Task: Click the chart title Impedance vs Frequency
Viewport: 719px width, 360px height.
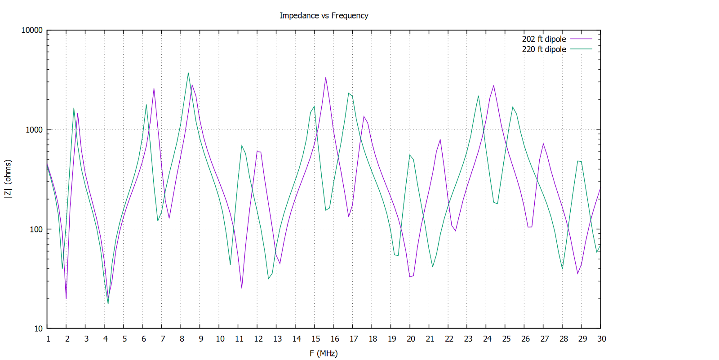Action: pos(324,16)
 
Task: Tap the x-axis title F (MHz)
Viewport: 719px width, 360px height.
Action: pos(324,353)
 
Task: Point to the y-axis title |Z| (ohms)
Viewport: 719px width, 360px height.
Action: pos(8,179)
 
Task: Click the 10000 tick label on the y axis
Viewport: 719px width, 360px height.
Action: pos(32,30)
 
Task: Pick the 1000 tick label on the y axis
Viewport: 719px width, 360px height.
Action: pos(34,130)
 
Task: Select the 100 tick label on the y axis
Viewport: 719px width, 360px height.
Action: pos(36,229)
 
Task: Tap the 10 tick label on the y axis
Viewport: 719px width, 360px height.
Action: pos(38,329)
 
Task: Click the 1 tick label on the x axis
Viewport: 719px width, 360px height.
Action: pos(48,339)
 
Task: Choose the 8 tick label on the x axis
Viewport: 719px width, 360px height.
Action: pos(182,339)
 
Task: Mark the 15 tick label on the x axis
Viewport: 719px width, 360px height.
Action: pos(315,339)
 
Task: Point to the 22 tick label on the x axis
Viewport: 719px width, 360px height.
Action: pos(449,339)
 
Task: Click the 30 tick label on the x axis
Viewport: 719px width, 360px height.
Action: pos(601,339)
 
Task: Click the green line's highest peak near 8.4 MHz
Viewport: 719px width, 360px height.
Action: pos(188,73)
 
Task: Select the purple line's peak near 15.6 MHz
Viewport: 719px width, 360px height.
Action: pos(326,78)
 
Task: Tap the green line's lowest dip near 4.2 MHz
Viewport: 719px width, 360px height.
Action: pos(108,304)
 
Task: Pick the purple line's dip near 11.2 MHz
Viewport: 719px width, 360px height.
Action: pos(242,288)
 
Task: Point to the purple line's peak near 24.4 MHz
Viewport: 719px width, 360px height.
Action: pos(494,85)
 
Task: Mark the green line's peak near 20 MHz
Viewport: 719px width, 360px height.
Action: pos(410,155)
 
